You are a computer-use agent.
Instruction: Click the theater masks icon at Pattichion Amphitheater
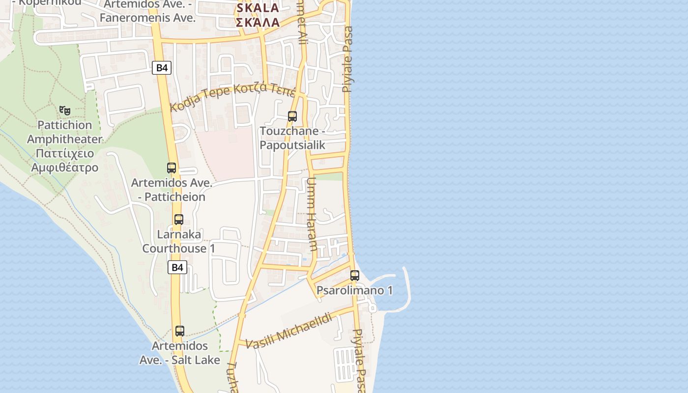click(x=64, y=110)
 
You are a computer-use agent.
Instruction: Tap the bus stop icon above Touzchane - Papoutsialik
click(x=292, y=116)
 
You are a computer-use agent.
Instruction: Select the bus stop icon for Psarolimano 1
click(x=355, y=276)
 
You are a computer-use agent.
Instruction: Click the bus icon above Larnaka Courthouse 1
click(x=179, y=220)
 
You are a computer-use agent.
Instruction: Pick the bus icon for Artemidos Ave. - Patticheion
click(x=172, y=168)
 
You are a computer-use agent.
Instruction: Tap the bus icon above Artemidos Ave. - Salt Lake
click(x=180, y=331)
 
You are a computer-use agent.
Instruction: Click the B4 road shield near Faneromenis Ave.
click(x=161, y=68)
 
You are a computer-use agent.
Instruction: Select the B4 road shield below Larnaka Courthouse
click(x=177, y=267)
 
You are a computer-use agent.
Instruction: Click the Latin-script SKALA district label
click(x=258, y=8)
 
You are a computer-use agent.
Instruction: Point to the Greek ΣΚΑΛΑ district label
click(x=258, y=22)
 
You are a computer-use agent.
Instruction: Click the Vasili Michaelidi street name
click(x=288, y=331)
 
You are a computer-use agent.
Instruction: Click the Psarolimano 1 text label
click(x=354, y=290)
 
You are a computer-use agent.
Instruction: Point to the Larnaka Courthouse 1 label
click(x=179, y=241)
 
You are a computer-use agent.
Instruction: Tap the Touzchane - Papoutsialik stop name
click(x=292, y=138)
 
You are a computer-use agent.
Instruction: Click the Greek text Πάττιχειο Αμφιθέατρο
click(x=64, y=161)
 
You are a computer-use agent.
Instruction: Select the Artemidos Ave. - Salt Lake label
click(x=180, y=353)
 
